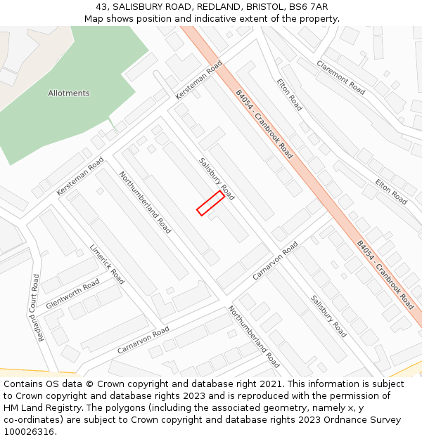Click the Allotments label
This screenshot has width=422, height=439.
coord(69,93)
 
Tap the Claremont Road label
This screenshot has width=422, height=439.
coord(340,77)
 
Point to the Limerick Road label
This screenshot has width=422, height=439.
coord(107,264)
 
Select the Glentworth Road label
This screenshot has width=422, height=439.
coord(72,294)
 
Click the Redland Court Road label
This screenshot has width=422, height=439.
coord(37,308)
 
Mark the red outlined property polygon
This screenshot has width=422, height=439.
coord(210,203)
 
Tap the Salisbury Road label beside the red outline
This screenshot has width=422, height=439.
coord(217,178)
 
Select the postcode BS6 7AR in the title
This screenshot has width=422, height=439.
coord(309,7)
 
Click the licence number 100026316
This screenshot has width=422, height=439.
coord(29,432)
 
